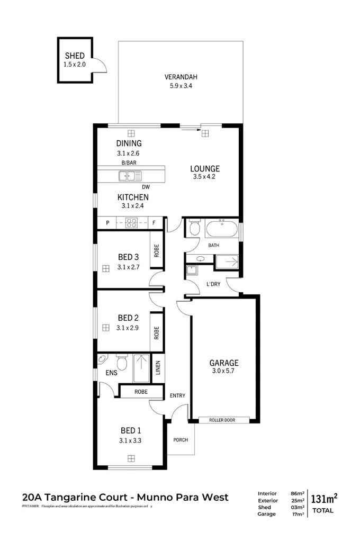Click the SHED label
click(75, 56)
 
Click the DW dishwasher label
click(146, 187)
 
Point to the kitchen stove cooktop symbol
click(131, 223)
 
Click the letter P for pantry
click(107, 223)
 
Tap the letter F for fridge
click(154, 223)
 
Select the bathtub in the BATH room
click(222, 229)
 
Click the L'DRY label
click(213, 284)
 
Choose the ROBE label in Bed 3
click(156, 250)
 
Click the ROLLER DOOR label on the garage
click(221, 420)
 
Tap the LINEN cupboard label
click(158, 368)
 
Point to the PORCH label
click(181, 440)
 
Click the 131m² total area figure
click(323, 499)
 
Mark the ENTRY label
click(177, 395)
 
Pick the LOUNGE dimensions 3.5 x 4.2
click(205, 177)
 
